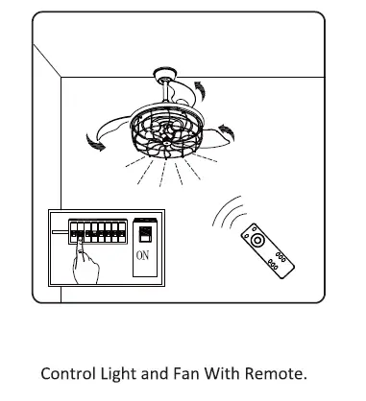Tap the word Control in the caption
[66, 372]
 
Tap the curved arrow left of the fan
[95, 143]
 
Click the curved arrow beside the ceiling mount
[198, 90]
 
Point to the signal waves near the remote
[227, 212]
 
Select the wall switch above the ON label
[142, 232]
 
